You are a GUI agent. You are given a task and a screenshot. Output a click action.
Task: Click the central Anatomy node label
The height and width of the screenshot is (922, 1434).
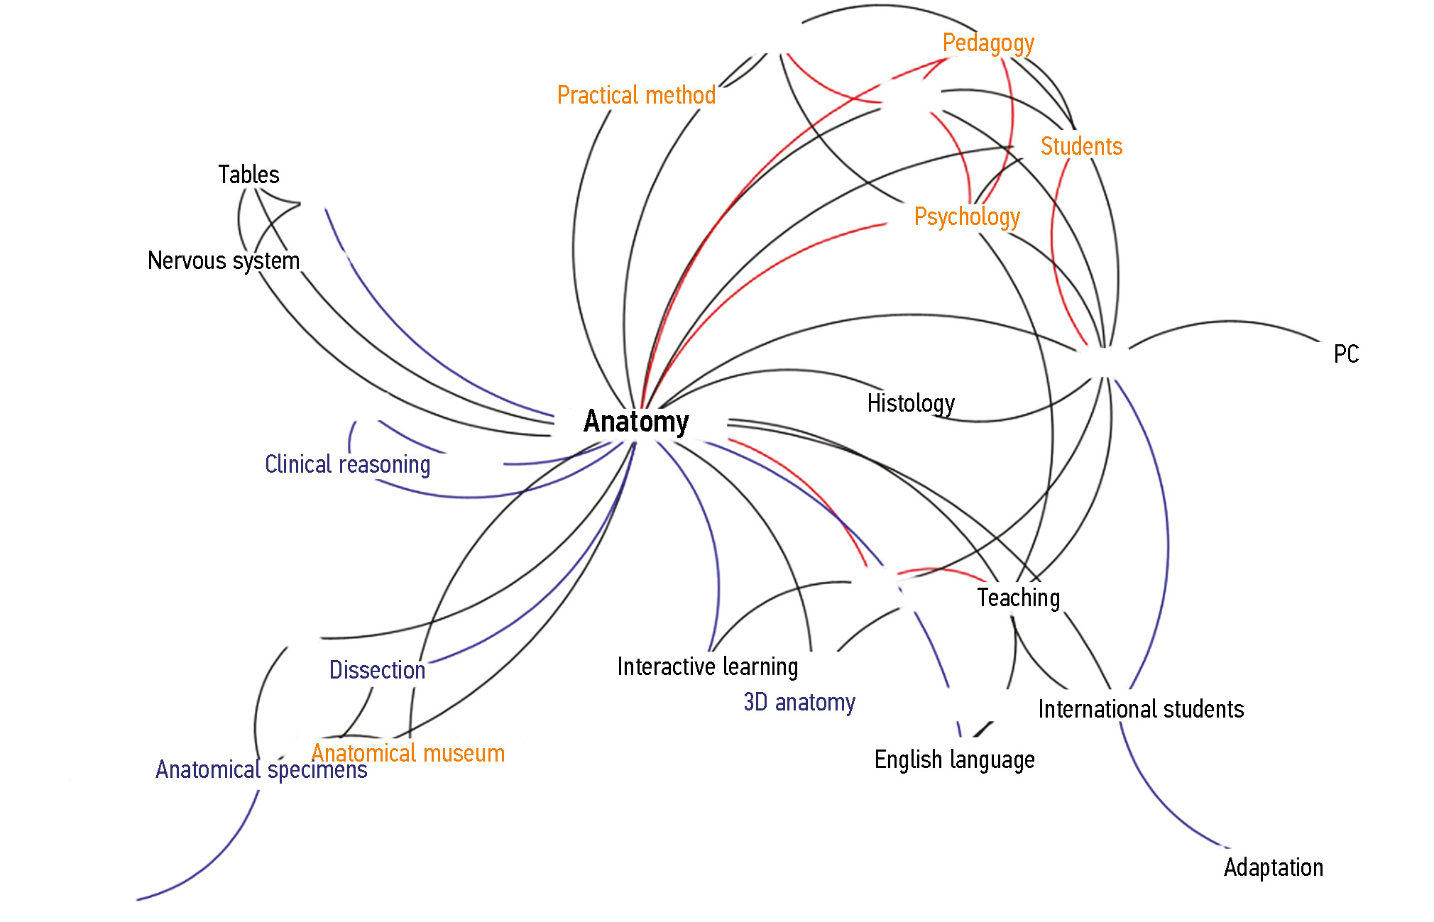[636, 422]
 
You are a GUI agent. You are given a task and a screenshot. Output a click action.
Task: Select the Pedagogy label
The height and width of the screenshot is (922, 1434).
[987, 43]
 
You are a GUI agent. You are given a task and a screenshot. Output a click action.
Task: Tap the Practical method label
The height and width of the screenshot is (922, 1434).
[636, 95]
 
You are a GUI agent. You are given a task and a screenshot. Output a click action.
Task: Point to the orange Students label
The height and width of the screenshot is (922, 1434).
[1081, 146]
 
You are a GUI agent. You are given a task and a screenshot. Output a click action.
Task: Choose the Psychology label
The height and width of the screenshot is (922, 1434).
[966, 216]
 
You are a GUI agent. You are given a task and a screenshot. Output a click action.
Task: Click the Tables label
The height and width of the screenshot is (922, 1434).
[248, 175]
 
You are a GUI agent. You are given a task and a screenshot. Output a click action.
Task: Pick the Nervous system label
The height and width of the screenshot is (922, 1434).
[224, 260]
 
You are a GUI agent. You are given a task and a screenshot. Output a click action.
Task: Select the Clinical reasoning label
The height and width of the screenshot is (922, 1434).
[347, 464]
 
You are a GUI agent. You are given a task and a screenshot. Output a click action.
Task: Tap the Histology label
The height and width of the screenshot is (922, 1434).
[911, 403]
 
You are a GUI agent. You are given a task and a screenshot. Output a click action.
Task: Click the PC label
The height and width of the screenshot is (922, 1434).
[1346, 354]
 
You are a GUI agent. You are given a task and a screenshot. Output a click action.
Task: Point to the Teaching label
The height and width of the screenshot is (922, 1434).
[1018, 598]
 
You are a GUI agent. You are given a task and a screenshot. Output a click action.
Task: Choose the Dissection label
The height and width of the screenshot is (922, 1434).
[377, 670]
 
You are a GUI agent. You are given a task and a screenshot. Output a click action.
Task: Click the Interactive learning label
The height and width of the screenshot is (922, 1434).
[708, 666]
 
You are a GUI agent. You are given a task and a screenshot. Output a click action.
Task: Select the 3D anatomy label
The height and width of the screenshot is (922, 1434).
[799, 702]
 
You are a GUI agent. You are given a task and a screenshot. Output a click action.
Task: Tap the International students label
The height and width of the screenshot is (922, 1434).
[1141, 709]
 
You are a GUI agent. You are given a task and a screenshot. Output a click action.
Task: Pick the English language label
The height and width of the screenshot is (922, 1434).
[954, 759]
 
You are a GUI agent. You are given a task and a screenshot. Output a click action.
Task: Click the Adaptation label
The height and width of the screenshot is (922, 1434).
[1274, 867]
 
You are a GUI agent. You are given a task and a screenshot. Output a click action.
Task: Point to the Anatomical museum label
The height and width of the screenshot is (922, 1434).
[408, 753]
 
